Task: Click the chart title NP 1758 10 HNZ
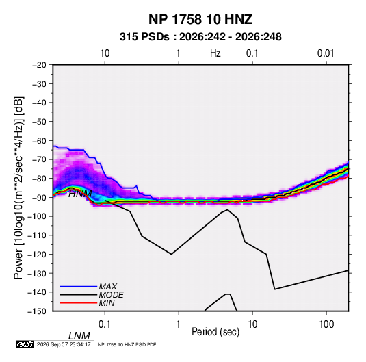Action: click(x=200, y=19)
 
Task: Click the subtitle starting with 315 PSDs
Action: click(x=200, y=37)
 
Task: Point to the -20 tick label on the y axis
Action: click(x=39, y=65)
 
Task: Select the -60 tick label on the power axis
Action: click(x=39, y=141)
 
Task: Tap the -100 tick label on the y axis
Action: click(x=37, y=216)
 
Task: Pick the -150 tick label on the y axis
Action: click(x=37, y=311)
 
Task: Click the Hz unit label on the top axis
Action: click(x=215, y=53)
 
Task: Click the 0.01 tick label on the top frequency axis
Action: click(x=326, y=53)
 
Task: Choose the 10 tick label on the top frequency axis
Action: click(x=105, y=53)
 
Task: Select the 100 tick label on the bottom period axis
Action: click(x=326, y=324)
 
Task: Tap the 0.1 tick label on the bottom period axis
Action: click(x=105, y=324)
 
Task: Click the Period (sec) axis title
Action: click(x=215, y=332)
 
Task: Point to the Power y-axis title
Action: click(x=18, y=188)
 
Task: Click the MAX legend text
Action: click(x=108, y=287)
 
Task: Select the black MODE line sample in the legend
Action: click(x=79, y=295)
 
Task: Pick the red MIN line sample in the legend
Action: click(x=79, y=303)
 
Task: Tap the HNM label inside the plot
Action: click(x=80, y=194)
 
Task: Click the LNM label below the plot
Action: click(x=79, y=336)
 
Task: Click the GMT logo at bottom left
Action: click(x=25, y=344)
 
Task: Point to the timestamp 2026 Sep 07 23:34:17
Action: click(x=64, y=344)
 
